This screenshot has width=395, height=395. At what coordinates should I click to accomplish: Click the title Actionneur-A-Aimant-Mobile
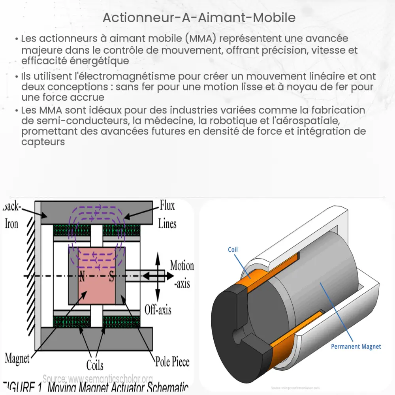pyautogui.click(x=199, y=18)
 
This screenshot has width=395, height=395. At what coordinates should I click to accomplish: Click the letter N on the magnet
pyautogui.click(x=81, y=277)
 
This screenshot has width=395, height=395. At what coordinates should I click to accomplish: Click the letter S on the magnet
pyautogui.click(x=112, y=277)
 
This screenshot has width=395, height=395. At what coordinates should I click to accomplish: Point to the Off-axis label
pyautogui.click(x=158, y=309)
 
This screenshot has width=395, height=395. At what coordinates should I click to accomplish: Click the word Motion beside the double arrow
pyautogui.click(x=182, y=265)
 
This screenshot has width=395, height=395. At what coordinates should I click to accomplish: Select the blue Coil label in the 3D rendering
pyautogui.click(x=233, y=250)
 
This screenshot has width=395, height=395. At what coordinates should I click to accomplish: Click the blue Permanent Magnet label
pyautogui.click(x=355, y=346)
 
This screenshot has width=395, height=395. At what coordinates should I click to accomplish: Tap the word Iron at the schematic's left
pyautogui.click(x=11, y=224)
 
